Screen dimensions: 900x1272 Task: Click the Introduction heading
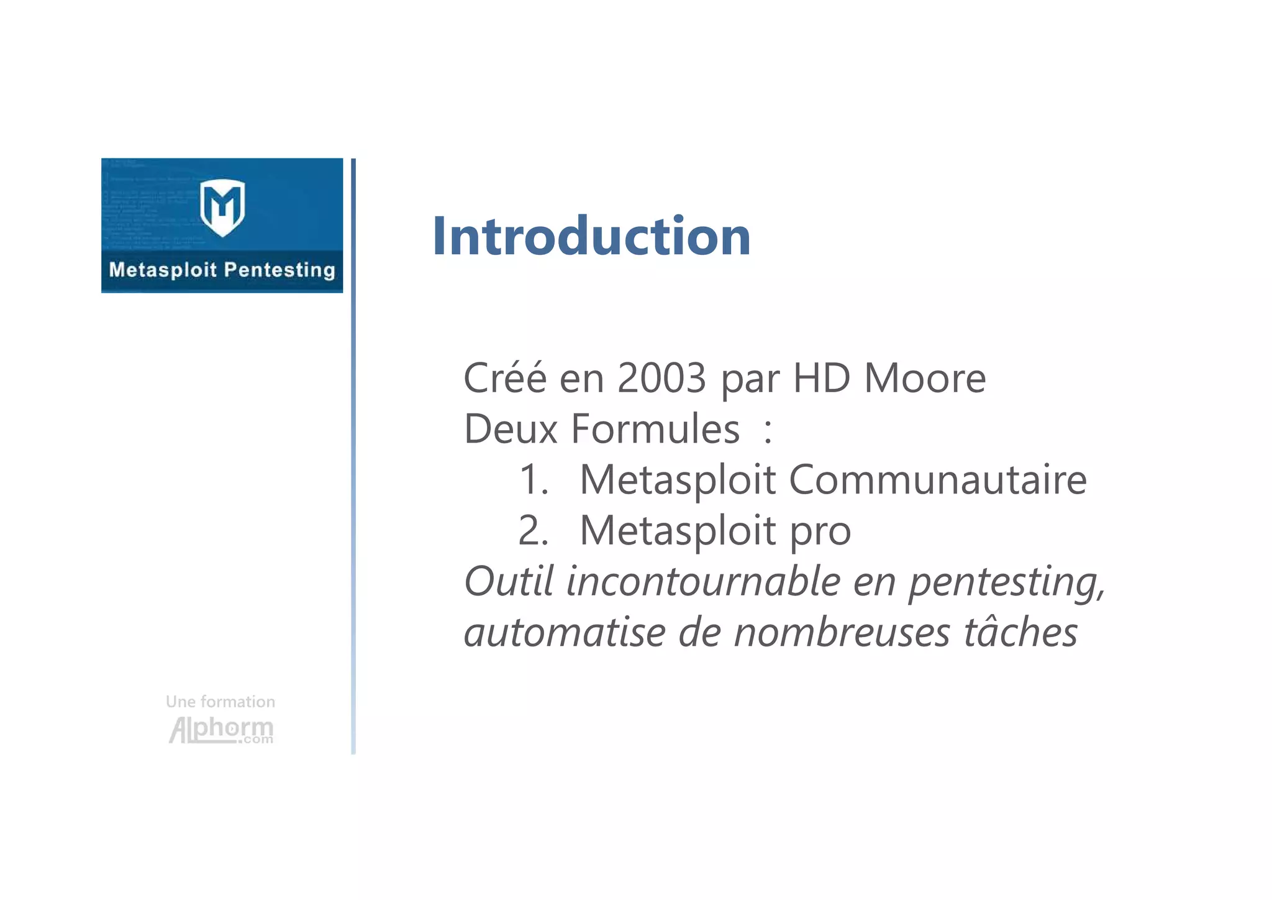(591, 236)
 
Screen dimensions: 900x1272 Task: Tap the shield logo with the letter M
(222, 208)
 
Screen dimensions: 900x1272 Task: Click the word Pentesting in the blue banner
(279, 270)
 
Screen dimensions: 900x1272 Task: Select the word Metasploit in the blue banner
(163, 270)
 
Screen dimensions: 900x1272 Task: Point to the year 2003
(661, 378)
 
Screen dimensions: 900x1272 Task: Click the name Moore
(925, 378)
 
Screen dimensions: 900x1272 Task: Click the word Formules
(655, 429)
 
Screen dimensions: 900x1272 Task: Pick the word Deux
(511, 429)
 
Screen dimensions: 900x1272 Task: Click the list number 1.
(533, 480)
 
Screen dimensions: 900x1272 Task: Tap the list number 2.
(533, 531)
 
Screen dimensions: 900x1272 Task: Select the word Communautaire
(938, 480)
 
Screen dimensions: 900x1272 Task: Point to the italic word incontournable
(703, 582)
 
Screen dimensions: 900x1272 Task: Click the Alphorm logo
(221, 730)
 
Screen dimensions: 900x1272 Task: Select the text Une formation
(220, 702)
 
